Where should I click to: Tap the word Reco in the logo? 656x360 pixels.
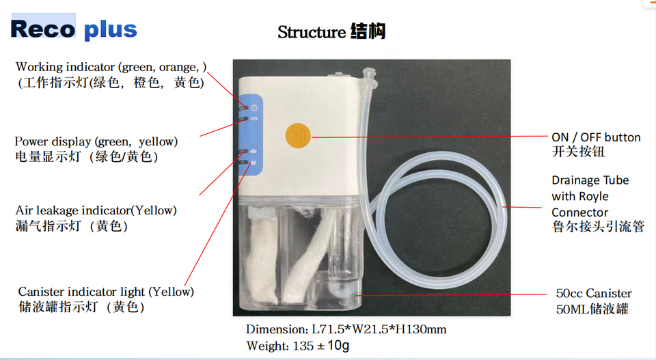tap(43, 29)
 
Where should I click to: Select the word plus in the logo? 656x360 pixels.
tap(111, 30)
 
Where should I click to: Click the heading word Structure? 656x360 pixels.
tap(312, 32)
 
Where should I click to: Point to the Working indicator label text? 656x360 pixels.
tap(111, 67)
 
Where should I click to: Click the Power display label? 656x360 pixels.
tap(96, 141)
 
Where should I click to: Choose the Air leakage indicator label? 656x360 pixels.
tap(96, 210)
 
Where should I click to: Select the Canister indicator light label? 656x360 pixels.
tap(106, 292)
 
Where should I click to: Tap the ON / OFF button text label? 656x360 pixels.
tap(596, 137)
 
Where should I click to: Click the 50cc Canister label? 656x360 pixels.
tap(593, 293)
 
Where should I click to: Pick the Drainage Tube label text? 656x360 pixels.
tap(590, 180)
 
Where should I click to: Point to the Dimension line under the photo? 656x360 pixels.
tap(346, 329)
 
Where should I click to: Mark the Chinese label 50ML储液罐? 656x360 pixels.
tap(592, 309)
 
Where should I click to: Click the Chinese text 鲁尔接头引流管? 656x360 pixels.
tap(598, 227)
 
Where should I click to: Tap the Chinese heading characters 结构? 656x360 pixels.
tap(368, 31)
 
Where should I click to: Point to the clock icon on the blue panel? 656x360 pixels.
tap(254, 108)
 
